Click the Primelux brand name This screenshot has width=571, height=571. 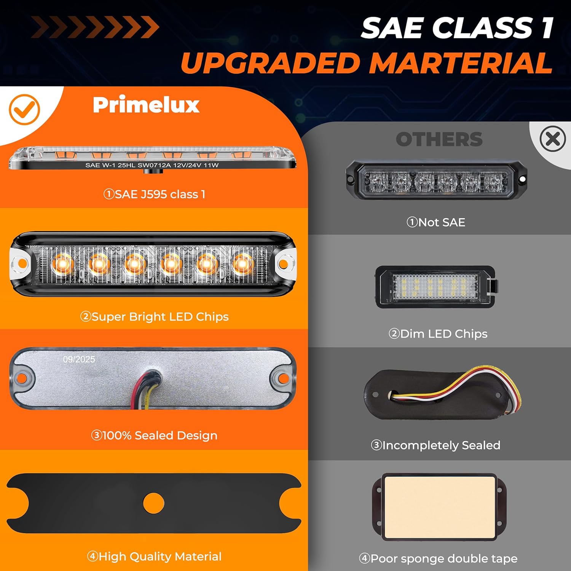click(x=146, y=105)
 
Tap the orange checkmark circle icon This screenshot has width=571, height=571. click(x=24, y=109)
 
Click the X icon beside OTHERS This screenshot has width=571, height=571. click(x=552, y=139)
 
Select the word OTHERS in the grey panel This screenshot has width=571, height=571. click(x=439, y=139)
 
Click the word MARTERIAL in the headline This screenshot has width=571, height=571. click(x=461, y=63)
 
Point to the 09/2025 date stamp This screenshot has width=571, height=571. click(x=79, y=359)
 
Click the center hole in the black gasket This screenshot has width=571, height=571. click(x=153, y=503)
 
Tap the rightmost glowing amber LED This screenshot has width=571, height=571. click(x=242, y=263)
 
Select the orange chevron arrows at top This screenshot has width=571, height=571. click(x=95, y=27)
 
